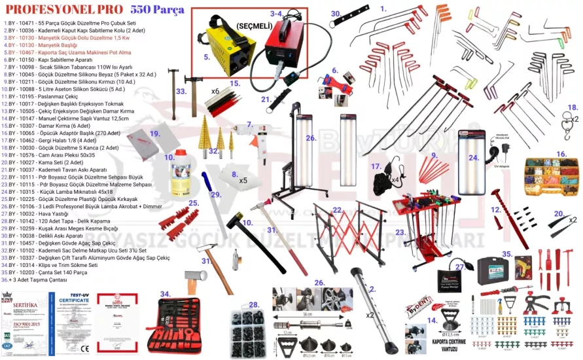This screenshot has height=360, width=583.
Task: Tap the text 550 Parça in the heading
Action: click(x=157, y=10)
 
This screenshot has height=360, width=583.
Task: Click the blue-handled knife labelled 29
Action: click(x=207, y=197)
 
